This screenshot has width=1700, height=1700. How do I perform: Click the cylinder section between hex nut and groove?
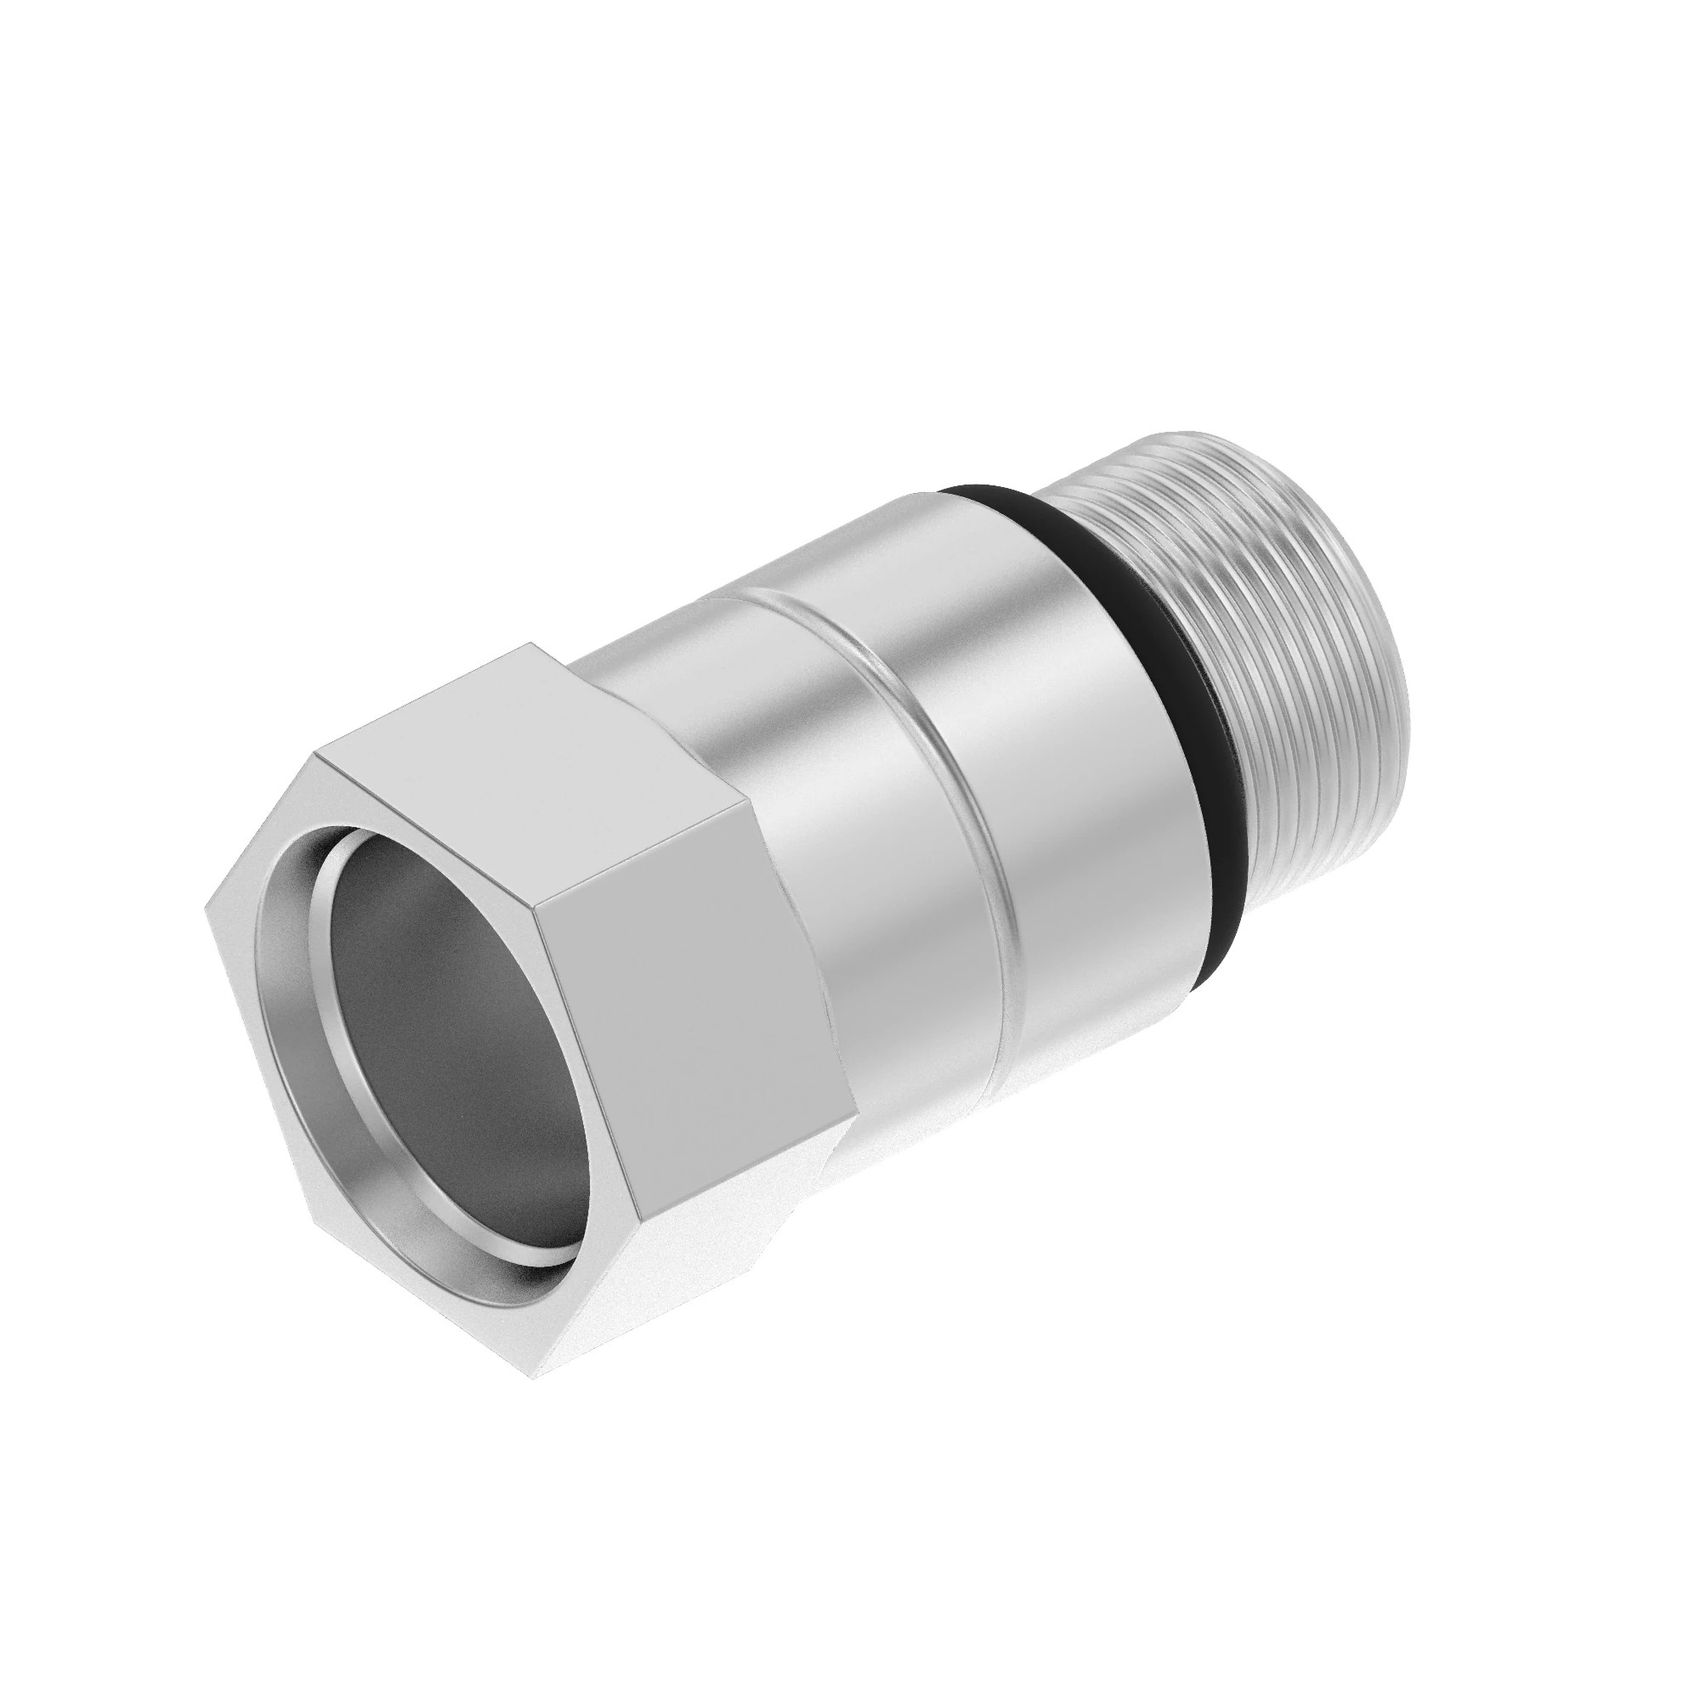point(819,845)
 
